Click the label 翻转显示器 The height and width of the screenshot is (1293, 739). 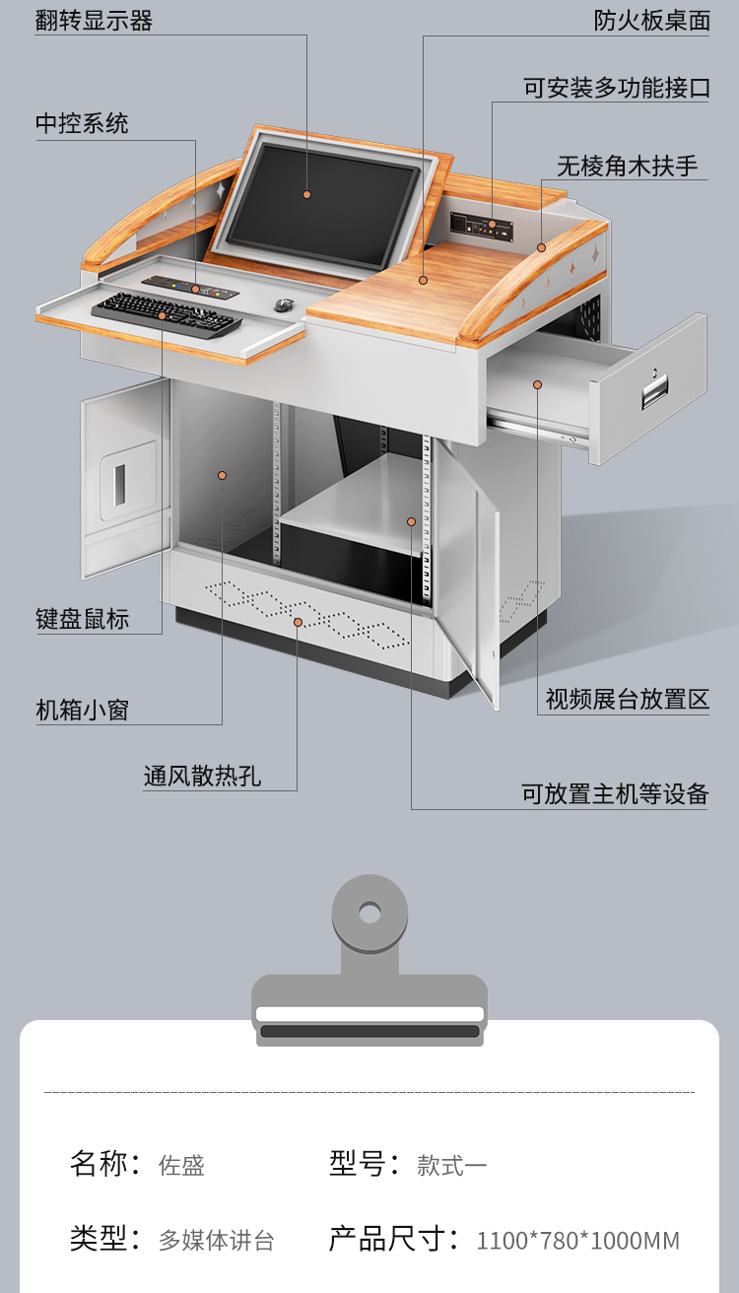coord(95,21)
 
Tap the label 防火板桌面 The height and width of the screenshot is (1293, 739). coord(652,21)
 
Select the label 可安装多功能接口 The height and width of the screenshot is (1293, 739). coord(617,88)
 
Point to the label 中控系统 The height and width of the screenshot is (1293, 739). coord(82,123)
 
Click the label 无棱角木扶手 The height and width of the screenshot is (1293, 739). coord(628,166)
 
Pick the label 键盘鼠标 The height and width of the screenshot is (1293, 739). coord(83,619)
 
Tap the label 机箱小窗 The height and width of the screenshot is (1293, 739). coord(83,710)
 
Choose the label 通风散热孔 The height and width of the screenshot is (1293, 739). coord(203,776)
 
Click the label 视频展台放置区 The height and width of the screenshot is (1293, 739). coord(628,699)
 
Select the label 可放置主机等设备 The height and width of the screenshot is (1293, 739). coord(615,793)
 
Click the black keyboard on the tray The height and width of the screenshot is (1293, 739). coord(167,315)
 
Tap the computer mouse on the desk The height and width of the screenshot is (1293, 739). coord(284,305)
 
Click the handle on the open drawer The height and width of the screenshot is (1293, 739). coord(654,391)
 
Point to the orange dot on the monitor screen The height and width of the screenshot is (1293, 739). coord(307,194)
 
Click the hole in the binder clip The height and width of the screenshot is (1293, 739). coord(369,914)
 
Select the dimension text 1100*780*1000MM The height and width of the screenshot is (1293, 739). coord(578,1240)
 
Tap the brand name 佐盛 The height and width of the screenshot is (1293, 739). coord(182,1166)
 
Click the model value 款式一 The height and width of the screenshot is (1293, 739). coord(452,1166)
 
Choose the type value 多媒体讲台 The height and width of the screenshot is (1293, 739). coord(217,1240)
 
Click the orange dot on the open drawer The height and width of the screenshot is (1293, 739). coord(538,384)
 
